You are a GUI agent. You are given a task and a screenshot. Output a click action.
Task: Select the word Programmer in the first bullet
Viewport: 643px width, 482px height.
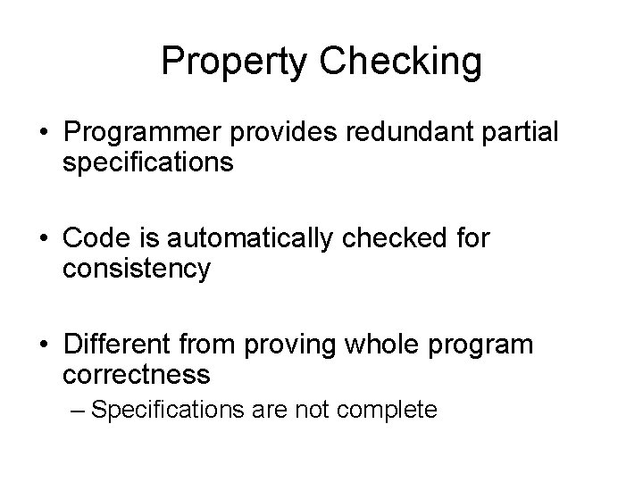coord(145,134)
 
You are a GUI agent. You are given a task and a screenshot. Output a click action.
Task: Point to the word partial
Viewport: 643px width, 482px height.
coord(526,134)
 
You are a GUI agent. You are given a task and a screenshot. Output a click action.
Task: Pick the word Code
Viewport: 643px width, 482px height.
coord(98,239)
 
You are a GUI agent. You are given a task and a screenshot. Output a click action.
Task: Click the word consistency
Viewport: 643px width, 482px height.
coord(137,270)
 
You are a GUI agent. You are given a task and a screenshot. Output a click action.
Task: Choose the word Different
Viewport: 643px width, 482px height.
coord(121,345)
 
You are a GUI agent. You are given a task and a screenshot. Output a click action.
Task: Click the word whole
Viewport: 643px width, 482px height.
coord(397,345)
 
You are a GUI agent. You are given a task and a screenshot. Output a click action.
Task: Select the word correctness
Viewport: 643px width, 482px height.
coord(137,374)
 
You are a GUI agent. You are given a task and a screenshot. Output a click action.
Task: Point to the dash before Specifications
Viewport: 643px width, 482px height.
coord(78,411)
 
